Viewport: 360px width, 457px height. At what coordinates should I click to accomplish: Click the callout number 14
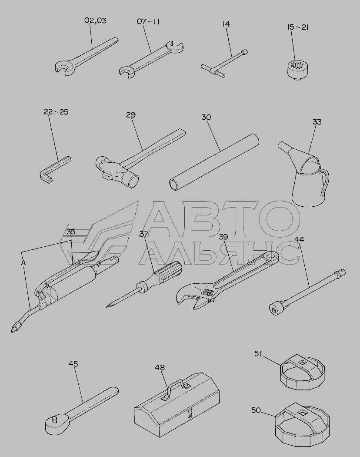click(x=226, y=24)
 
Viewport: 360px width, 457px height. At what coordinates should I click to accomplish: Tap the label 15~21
click(x=298, y=27)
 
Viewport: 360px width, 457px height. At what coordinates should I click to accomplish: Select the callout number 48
click(x=160, y=367)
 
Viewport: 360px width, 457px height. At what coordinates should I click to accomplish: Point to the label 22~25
click(x=56, y=111)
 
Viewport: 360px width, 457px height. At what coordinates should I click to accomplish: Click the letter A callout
click(x=23, y=262)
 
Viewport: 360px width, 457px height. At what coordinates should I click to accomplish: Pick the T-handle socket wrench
click(x=224, y=64)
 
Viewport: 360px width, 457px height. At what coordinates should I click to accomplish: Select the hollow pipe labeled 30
click(x=214, y=162)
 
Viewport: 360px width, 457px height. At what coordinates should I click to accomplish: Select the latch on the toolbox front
click(x=190, y=413)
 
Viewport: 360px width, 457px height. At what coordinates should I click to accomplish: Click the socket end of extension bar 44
click(x=277, y=309)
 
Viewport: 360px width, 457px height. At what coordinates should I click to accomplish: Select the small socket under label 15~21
click(x=299, y=69)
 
